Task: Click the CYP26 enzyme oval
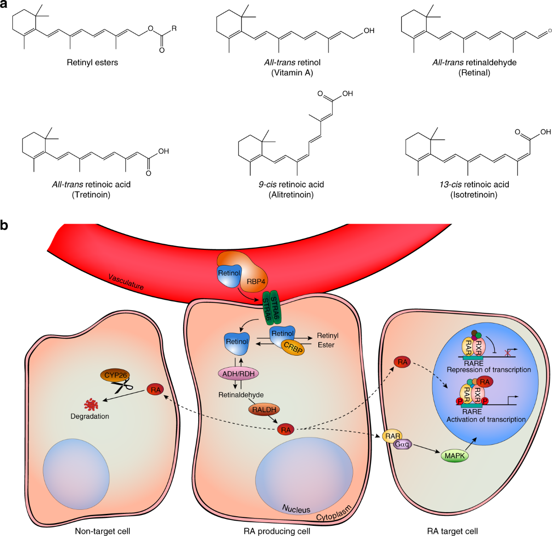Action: tap(115, 375)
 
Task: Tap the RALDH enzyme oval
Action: tap(264, 409)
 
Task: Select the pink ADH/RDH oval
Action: tap(238, 374)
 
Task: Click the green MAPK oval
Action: tap(454, 455)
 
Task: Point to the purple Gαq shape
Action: tap(402, 444)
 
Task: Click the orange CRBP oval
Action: tap(293, 347)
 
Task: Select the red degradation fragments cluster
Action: tap(91, 404)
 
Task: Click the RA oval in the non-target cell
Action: tap(155, 390)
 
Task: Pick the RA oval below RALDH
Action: tap(286, 430)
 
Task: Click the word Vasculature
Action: tap(126, 282)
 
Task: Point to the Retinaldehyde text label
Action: tap(241, 395)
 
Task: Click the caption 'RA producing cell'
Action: tap(277, 530)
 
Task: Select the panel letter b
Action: tap(4, 225)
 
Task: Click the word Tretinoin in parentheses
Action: tap(91, 195)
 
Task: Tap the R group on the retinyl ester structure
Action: tap(174, 29)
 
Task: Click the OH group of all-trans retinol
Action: tap(369, 30)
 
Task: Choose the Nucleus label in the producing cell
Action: tap(296, 509)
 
